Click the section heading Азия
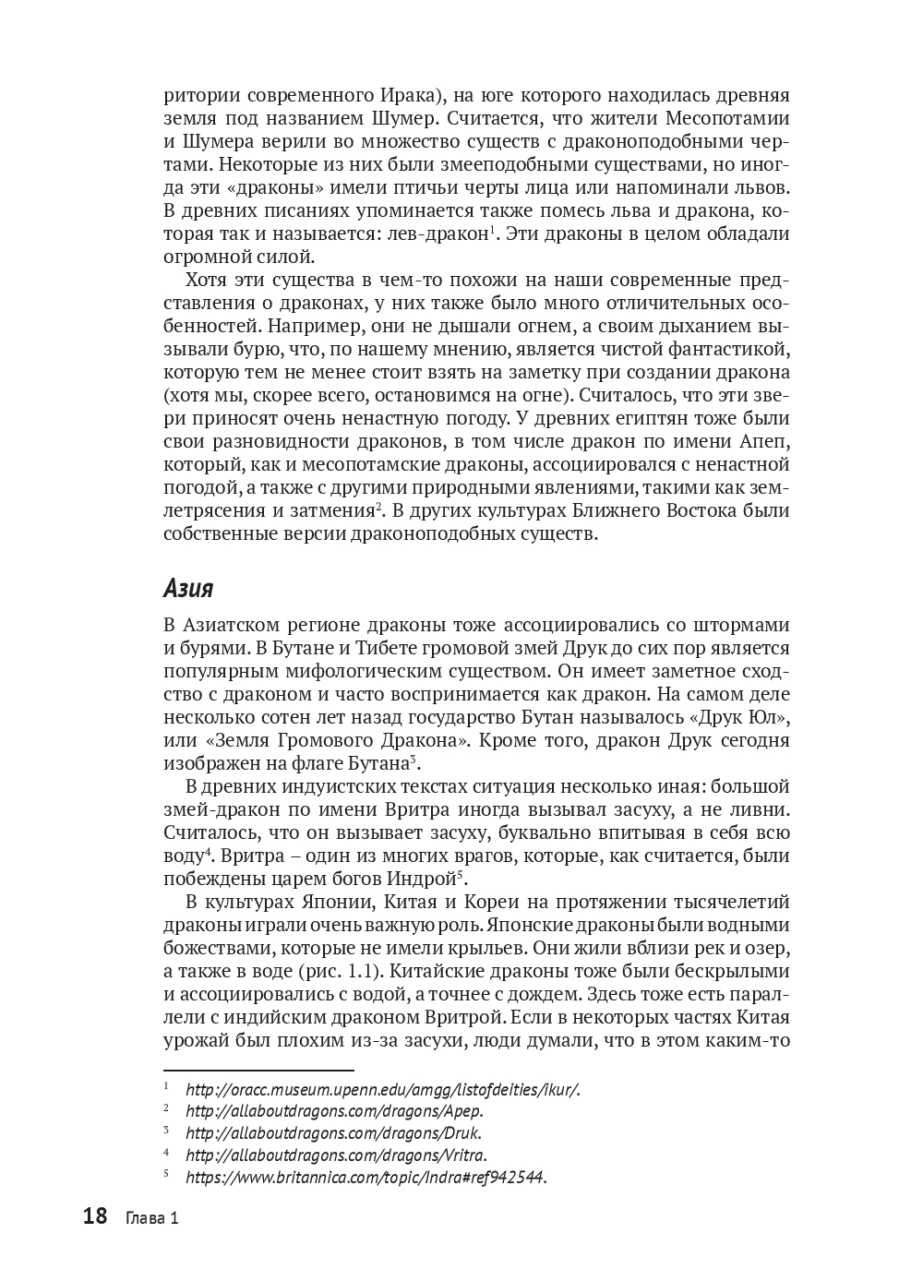coord(188,588)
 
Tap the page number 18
coord(95,1216)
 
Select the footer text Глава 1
coord(151,1218)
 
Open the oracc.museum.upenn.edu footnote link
coord(382,1089)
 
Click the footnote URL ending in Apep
coord(334,1111)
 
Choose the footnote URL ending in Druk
coord(333,1132)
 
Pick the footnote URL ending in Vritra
coord(336,1155)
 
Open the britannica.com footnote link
coord(366,1177)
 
